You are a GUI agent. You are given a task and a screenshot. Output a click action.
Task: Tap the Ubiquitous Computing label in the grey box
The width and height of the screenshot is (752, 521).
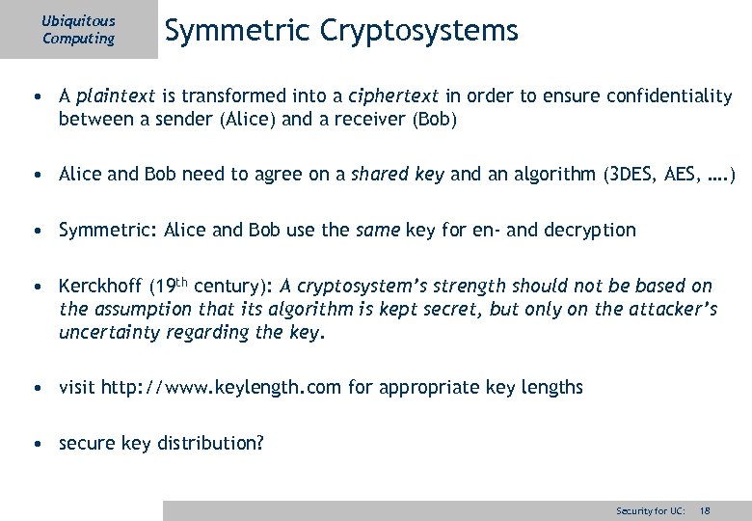click(78, 30)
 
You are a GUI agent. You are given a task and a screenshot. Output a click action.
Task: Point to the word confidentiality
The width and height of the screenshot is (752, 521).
click(662, 97)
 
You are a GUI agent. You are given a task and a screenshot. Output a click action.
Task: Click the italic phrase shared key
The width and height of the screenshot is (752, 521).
click(397, 176)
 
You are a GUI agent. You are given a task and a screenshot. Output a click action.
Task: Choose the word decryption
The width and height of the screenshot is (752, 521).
click(590, 231)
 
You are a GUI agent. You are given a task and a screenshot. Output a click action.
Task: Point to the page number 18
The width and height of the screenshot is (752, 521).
click(705, 510)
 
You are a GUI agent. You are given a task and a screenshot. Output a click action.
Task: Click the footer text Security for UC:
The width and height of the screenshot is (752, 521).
click(651, 510)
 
